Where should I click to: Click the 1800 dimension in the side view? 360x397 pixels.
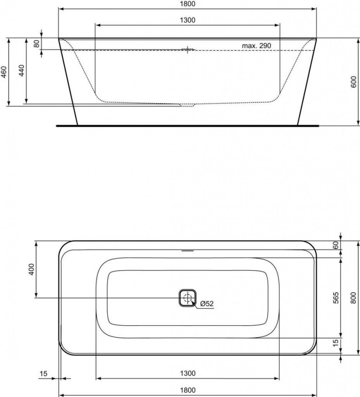pyautogui.click(x=188, y=4)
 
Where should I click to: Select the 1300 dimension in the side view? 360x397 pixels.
pyautogui.click(x=188, y=20)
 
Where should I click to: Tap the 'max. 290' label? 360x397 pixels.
pyautogui.click(x=256, y=46)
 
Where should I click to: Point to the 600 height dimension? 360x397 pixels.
pyautogui.click(x=354, y=82)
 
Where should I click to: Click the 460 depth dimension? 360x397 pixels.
pyautogui.click(x=4, y=72)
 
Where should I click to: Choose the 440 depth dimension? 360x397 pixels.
pyautogui.click(x=21, y=71)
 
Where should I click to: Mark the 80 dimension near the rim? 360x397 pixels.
pyautogui.click(x=37, y=44)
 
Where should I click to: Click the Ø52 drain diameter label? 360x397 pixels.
pyautogui.click(x=207, y=303)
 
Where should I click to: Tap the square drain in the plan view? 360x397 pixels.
pyautogui.click(x=188, y=298)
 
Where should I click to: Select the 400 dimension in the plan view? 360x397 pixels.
pyautogui.click(x=31, y=269)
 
